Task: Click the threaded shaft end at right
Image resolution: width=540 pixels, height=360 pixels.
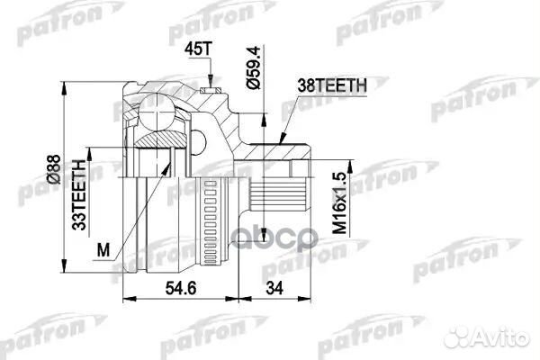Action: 293,194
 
